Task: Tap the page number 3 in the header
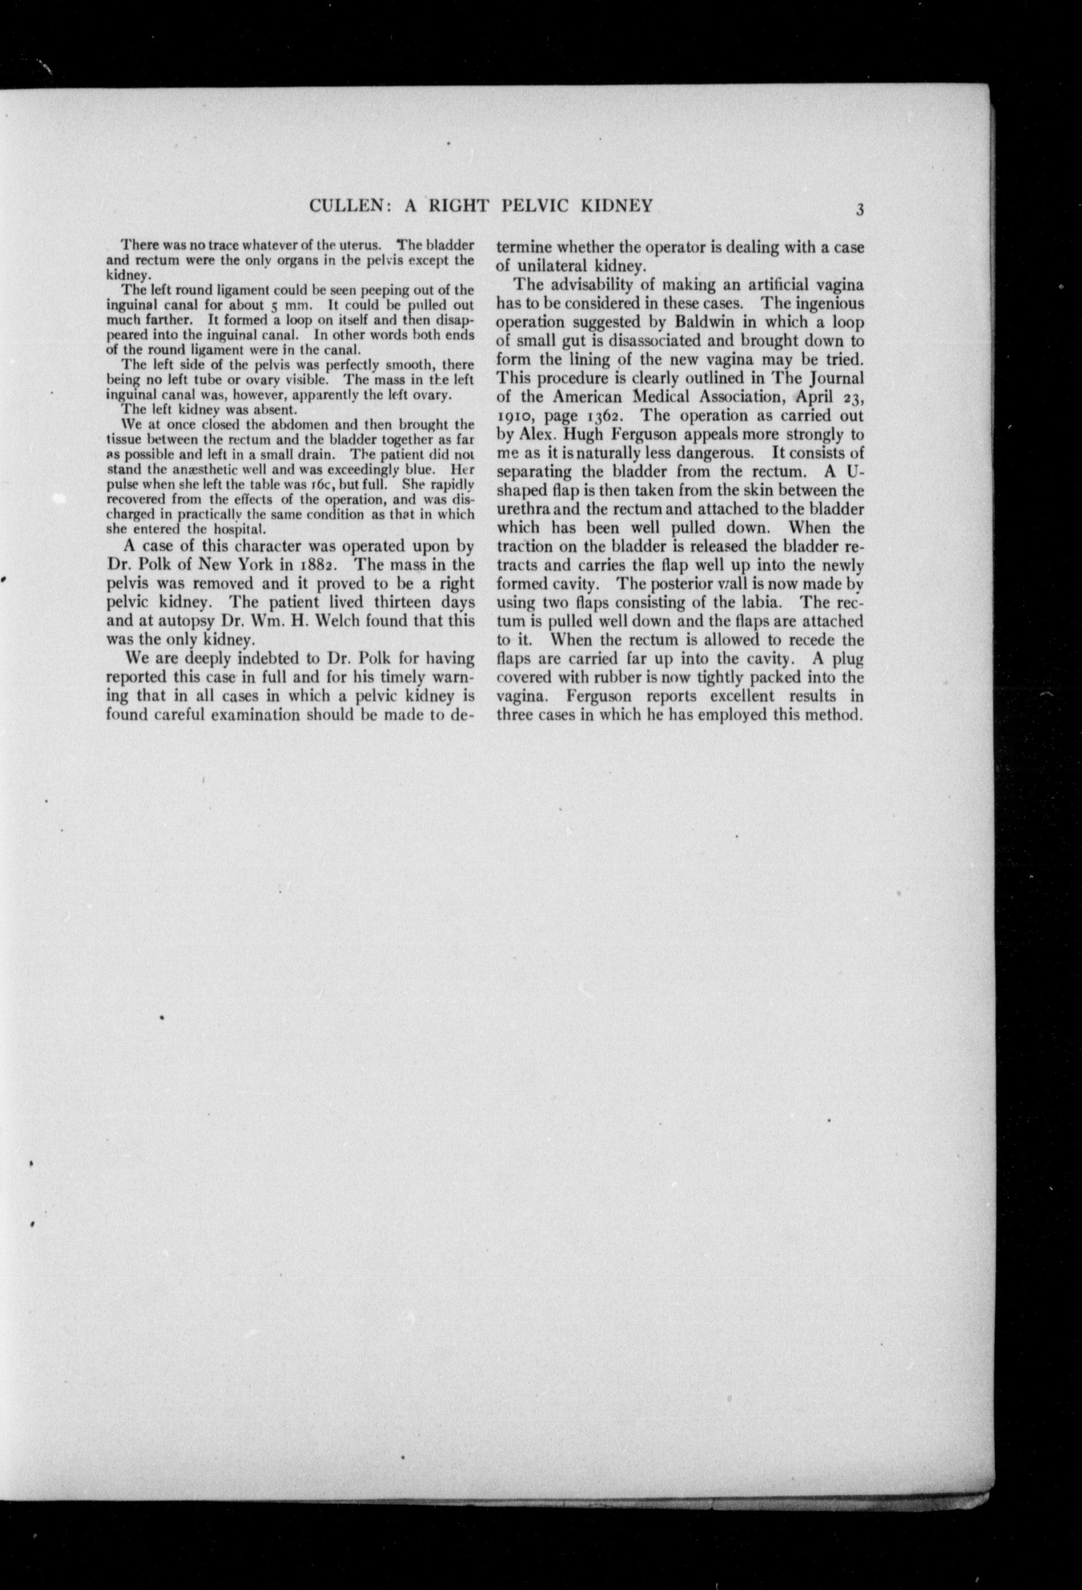860,209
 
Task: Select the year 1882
311,565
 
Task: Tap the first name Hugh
584,435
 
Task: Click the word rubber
622,678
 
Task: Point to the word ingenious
831,303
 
